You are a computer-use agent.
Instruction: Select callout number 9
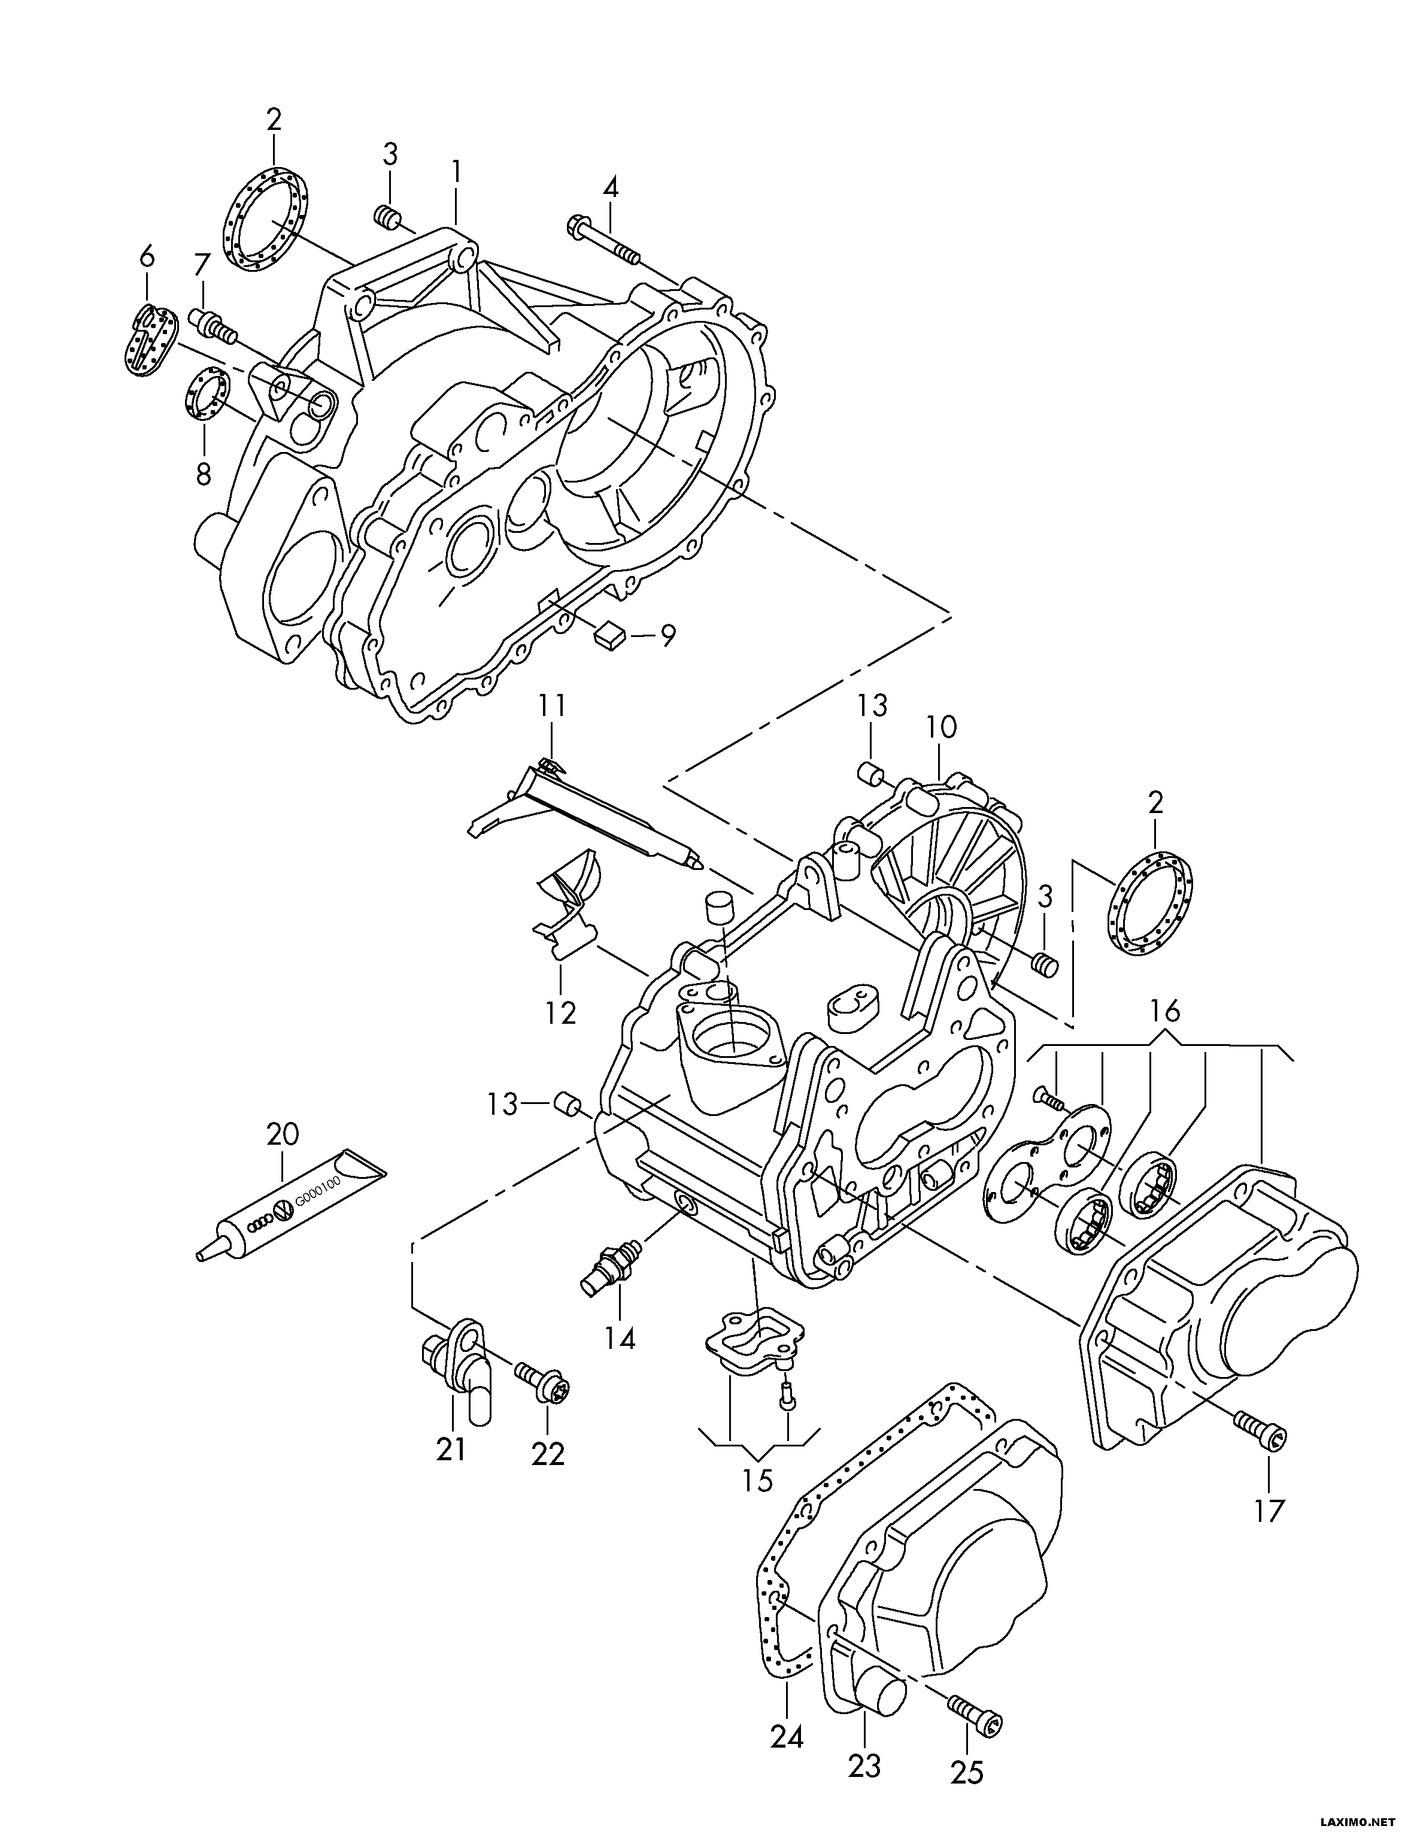click(x=667, y=635)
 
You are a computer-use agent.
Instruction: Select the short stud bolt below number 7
click(x=214, y=325)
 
